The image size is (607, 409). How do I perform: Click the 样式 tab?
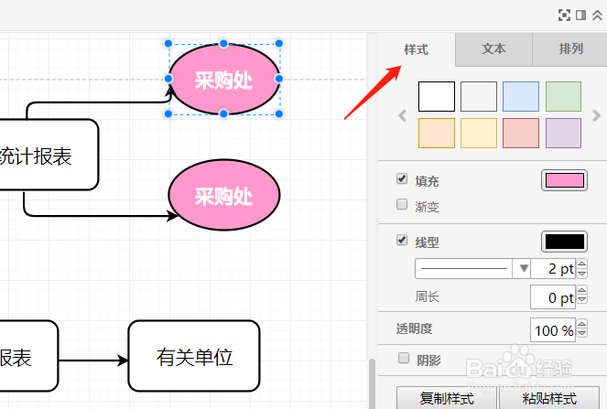(416, 49)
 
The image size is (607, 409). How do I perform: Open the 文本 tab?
(493, 49)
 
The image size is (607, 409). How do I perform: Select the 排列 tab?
(570, 49)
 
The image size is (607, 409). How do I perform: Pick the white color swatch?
(437, 97)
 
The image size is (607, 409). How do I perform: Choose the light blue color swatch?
(521, 97)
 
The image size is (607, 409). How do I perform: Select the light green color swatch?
(563, 97)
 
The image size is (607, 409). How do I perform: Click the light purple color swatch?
(563, 133)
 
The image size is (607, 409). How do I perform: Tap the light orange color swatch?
(437, 133)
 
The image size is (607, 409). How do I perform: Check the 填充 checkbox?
(402, 178)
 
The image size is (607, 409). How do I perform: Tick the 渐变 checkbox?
(402, 204)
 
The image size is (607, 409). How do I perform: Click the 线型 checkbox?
(402, 241)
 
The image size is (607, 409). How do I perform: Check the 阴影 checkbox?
(402, 358)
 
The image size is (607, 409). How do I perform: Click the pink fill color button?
(564, 180)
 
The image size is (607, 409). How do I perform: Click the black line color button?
(564, 242)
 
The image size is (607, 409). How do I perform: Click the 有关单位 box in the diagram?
(194, 357)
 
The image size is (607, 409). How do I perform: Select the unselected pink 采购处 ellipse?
(223, 195)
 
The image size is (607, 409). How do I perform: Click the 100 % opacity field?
(553, 330)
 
